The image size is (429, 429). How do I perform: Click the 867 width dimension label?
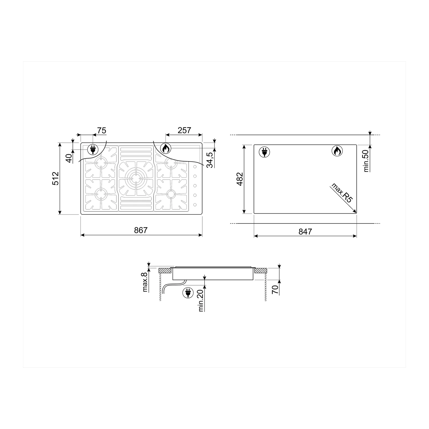coord(141,230)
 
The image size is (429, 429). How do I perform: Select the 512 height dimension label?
coord(56,178)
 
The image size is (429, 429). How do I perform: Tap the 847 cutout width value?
coord(305,231)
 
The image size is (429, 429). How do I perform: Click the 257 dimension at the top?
coord(184,130)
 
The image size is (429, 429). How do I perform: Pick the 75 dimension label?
coord(102,130)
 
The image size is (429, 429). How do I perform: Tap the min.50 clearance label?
coord(367,161)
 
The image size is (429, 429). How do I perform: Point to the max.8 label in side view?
coord(145,281)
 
